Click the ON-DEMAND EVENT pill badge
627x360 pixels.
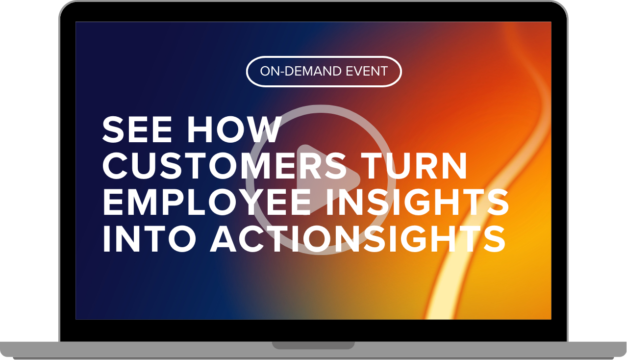click(x=324, y=72)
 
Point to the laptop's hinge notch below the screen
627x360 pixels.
click(x=313, y=345)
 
